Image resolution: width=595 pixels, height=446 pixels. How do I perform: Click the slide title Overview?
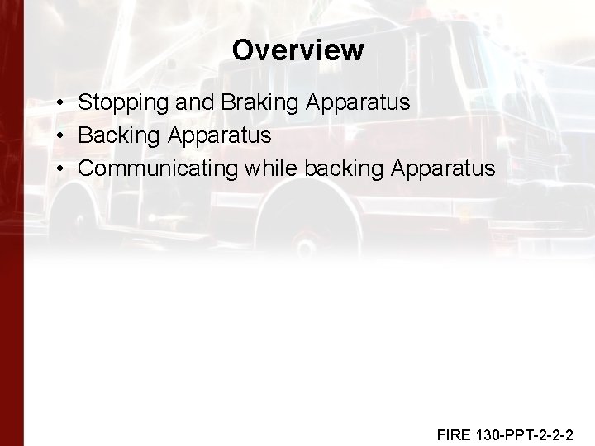click(297, 50)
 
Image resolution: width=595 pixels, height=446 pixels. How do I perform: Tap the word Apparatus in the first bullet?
click(358, 103)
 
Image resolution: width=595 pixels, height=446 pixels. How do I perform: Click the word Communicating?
click(157, 169)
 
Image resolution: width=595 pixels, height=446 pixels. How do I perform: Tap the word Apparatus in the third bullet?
click(443, 169)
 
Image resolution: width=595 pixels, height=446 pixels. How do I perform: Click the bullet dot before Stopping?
click(63, 103)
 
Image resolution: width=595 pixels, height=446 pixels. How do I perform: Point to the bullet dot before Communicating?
click(63, 169)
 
